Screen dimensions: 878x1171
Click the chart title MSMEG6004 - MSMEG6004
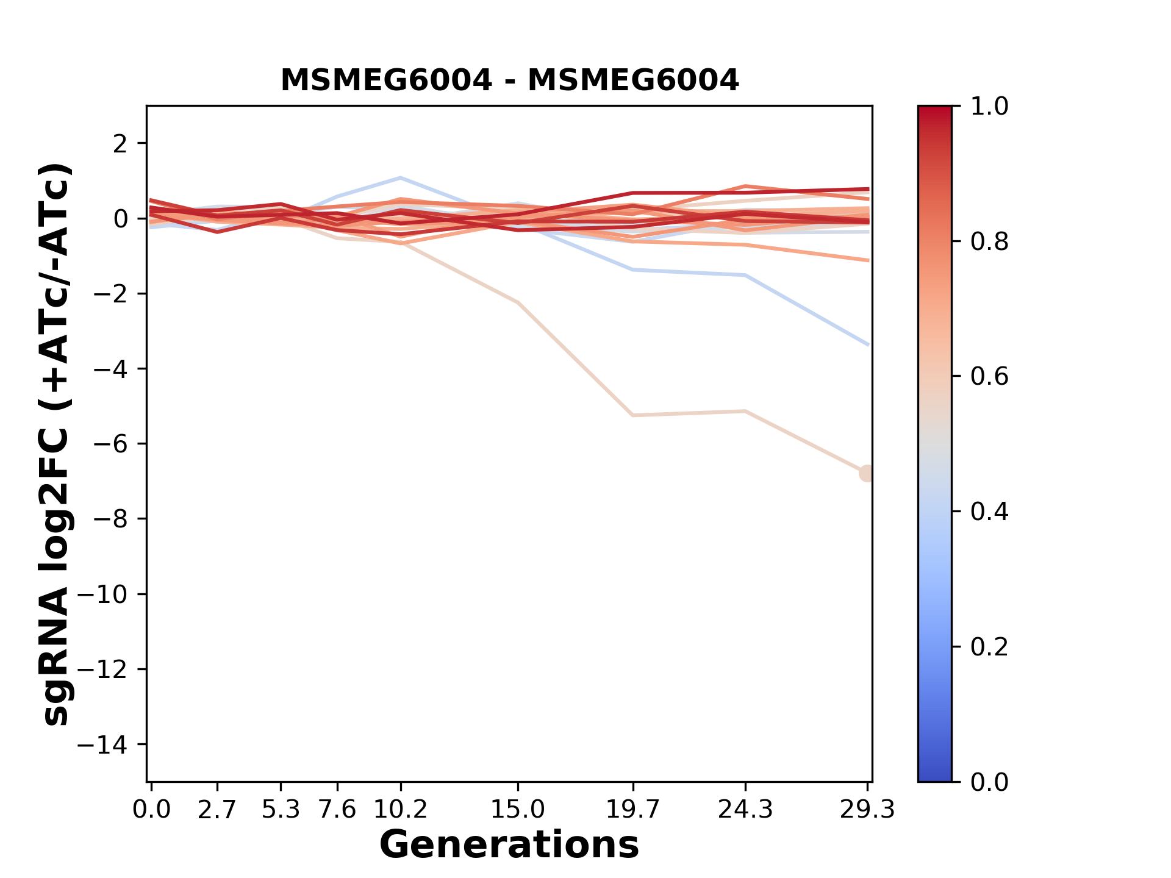tap(509, 80)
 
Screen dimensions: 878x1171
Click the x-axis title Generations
tap(509, 845)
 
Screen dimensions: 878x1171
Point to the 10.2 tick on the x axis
tap(400, 810)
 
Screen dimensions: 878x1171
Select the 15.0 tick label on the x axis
tap(518, 810)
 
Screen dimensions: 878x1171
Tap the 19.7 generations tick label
tap(633, 810)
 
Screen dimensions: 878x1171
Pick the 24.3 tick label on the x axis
tap(745, 810)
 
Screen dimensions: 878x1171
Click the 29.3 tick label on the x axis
tap(867, 810)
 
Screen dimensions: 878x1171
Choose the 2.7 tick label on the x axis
tap(217, 810)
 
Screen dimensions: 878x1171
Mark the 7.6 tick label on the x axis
tap(337, 810)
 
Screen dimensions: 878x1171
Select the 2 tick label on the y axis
tap(121, 143)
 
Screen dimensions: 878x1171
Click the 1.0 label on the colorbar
tap(989, 107)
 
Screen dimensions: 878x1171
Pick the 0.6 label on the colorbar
tap(989, 377)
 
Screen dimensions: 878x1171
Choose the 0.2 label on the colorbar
tap(989, 647)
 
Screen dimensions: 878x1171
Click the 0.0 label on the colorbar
tap(989, 782)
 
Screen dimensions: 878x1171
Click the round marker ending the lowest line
tap(867, 473)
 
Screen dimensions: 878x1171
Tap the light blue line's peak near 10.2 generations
tap(400, 178)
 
